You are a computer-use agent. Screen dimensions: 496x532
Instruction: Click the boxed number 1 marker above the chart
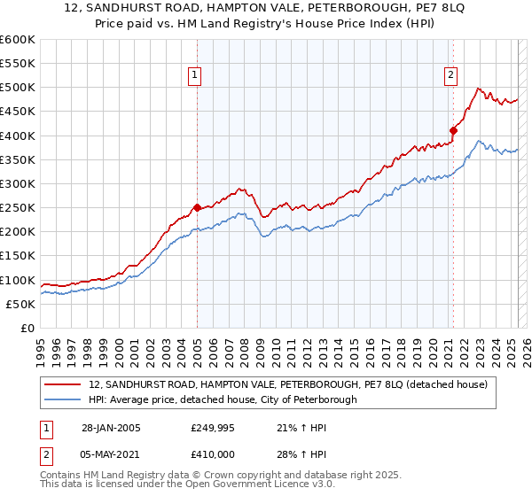coord(194,76)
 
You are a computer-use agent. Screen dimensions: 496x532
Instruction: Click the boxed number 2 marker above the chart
coord(451,76)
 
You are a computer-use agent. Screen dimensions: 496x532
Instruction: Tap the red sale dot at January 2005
coord(197,207)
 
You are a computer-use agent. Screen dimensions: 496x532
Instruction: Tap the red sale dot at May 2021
coord(453,130)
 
